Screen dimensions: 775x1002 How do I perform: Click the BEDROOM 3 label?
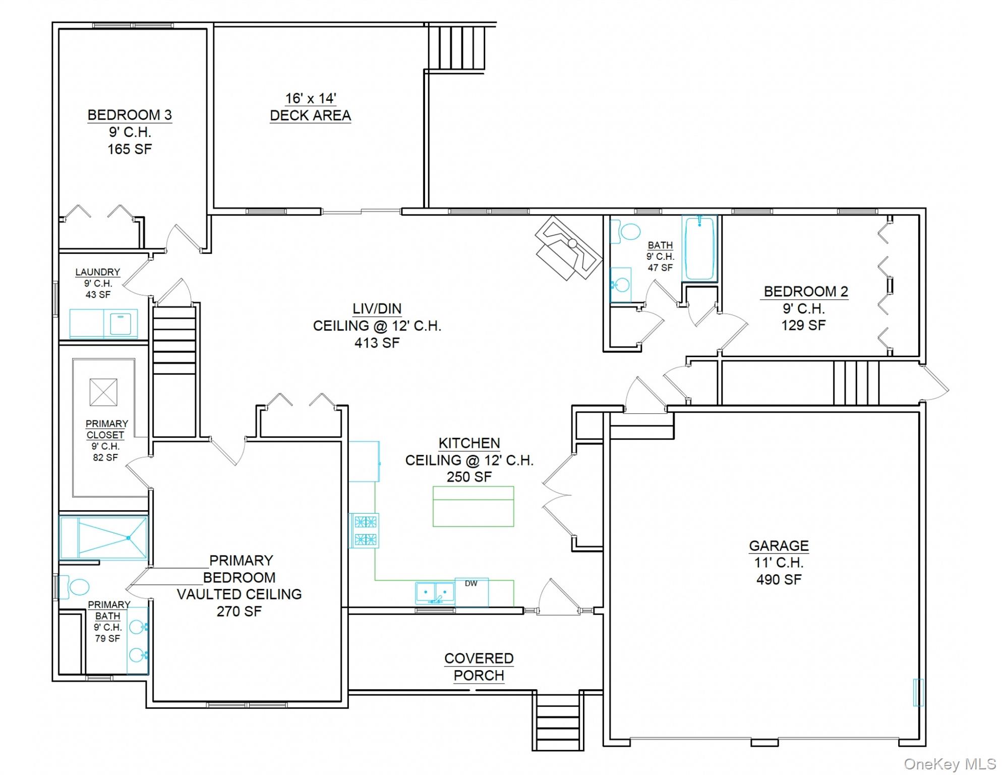[x=130, y=115]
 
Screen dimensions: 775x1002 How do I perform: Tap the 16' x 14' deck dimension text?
[x=311, y=98]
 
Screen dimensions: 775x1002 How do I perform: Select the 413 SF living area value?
[x=377, y=343]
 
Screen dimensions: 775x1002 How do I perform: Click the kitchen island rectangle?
[x=473, y=506]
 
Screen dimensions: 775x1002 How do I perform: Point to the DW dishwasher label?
[x=471, y=584]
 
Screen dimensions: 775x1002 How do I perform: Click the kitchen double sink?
[x=435, y=593]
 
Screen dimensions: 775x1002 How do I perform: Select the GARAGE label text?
[x=779, y=545]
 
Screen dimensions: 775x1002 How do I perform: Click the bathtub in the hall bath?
[x=699, y=248]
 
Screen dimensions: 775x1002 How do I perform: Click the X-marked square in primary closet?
[x=103, y=392]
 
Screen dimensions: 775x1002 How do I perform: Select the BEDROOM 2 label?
[x=805, y=292]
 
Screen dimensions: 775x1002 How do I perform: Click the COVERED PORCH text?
[x=479, y=667]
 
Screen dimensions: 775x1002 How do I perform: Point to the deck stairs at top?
[x=457, y=48]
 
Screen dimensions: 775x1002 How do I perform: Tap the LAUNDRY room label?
[x=98, y=272]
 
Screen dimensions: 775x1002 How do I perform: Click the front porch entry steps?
[x=557, y=722]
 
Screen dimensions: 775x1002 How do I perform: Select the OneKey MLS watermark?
[x=949, y=764]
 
